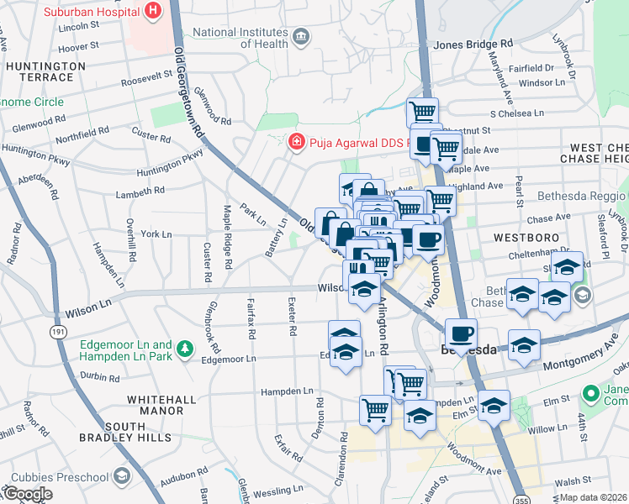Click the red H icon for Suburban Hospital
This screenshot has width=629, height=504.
(152, 11)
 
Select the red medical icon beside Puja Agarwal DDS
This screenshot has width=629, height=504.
(295, 142)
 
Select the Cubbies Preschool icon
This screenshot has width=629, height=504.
(122, 476)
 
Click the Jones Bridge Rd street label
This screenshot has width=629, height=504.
(473, 43)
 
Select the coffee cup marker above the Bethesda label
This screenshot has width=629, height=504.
(460, 333)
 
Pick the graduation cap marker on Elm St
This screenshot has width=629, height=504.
(494, 405)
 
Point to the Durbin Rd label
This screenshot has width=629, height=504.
(101, 377)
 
